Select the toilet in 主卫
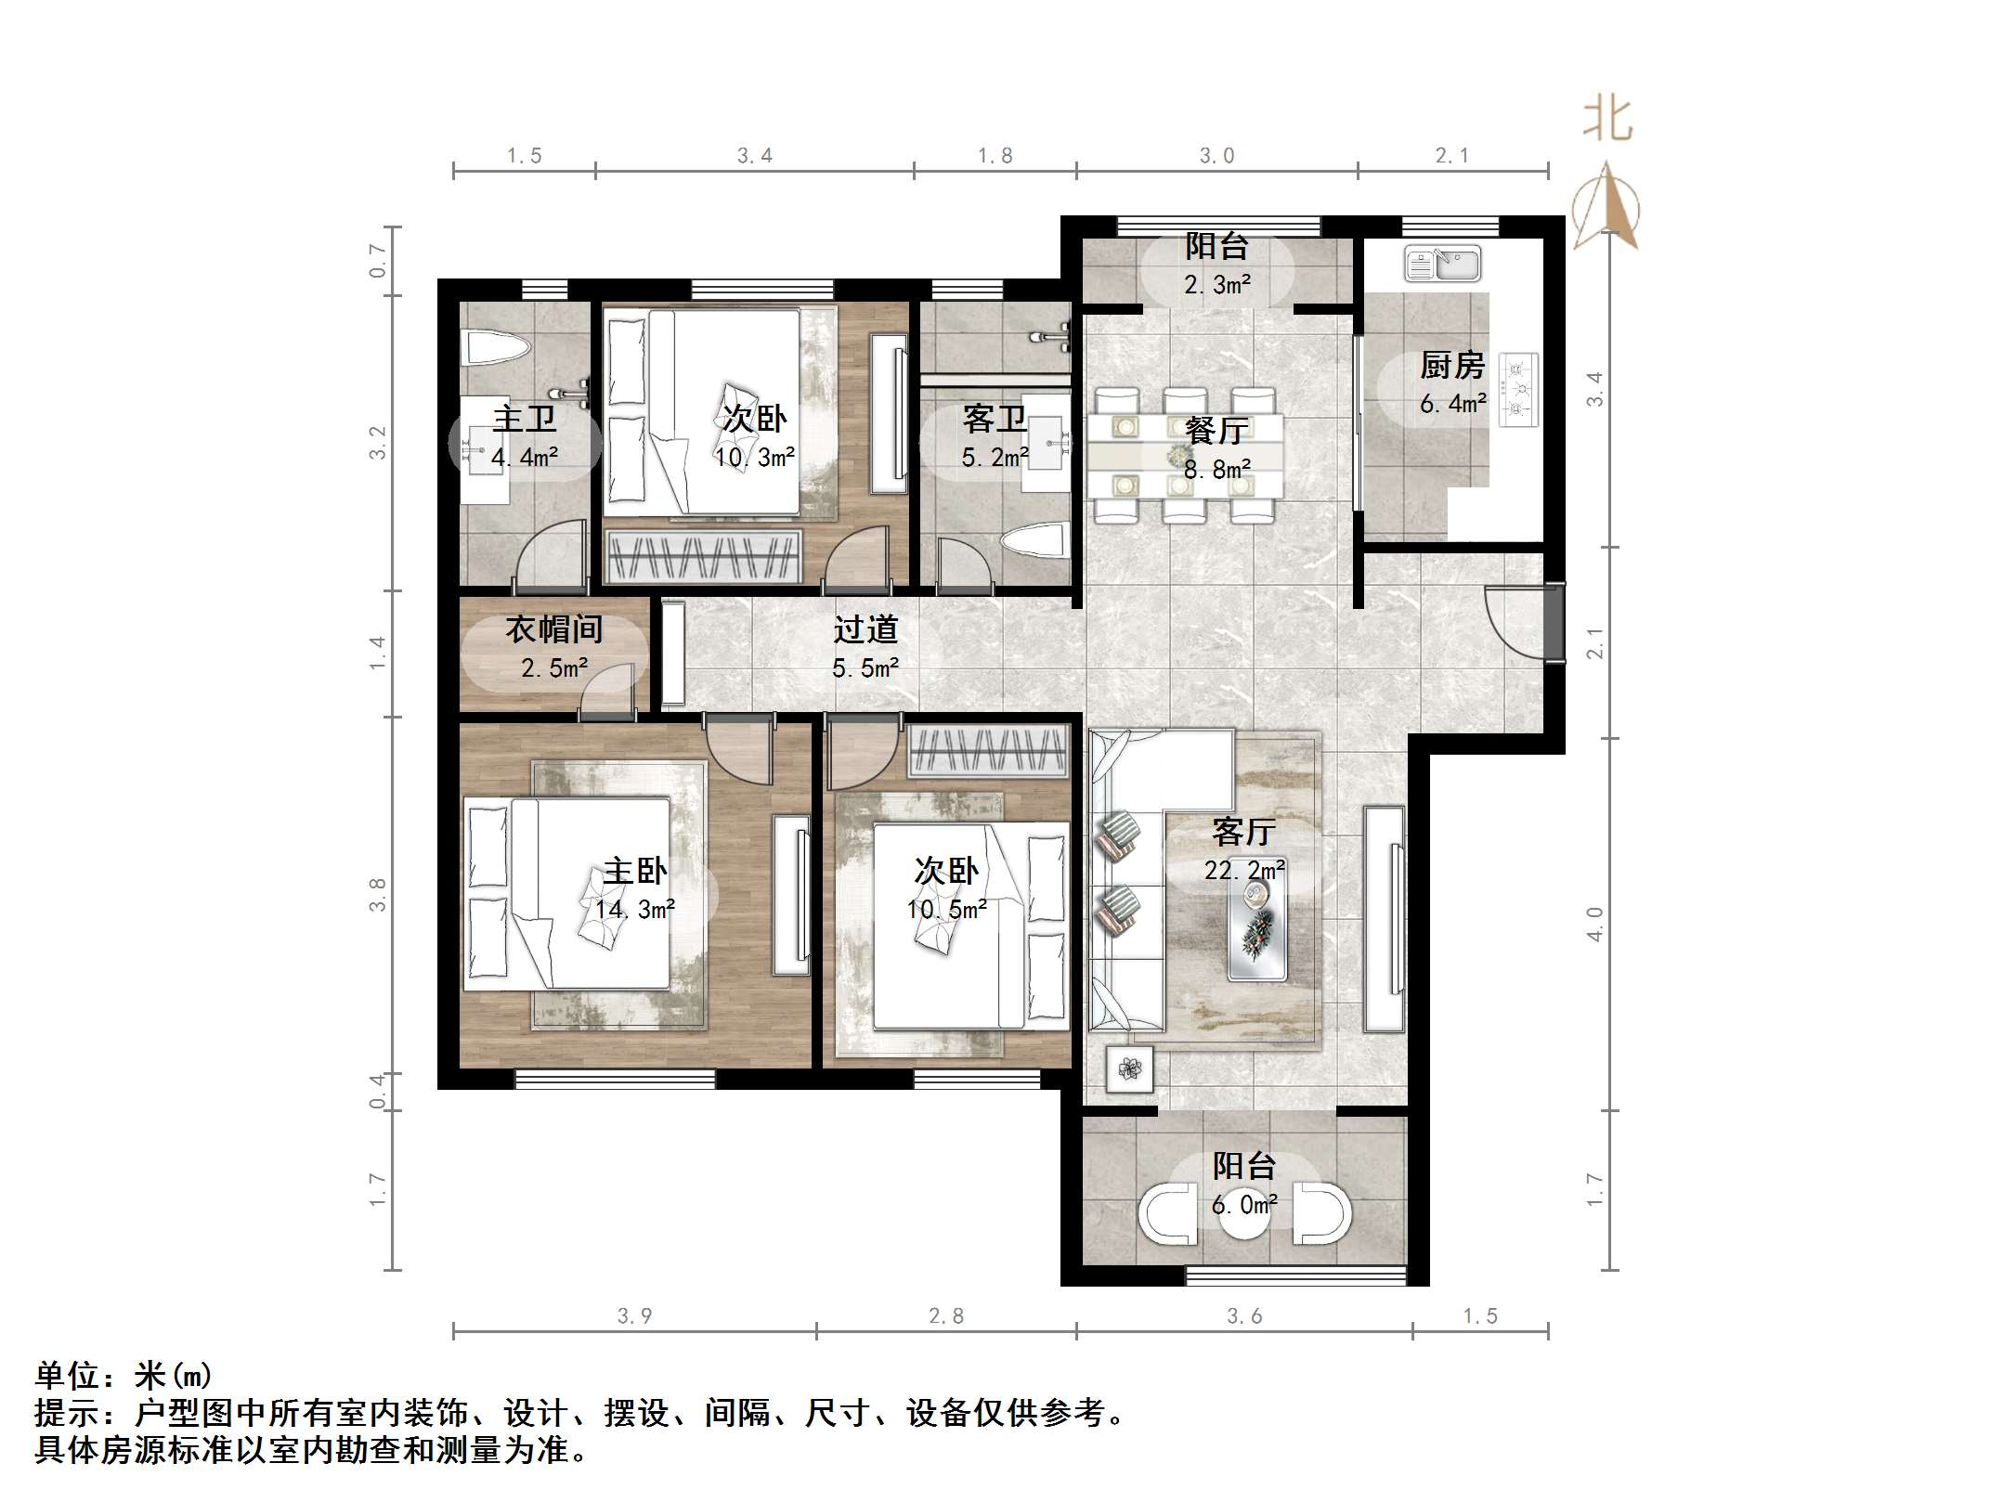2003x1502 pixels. click(x=497, y=349)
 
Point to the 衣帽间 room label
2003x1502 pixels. click(x=554, y=629)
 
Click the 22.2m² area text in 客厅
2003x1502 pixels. click(x=1244, y=871)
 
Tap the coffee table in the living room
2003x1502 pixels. click(x=1257, y=929)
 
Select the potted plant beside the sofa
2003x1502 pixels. click(x=1129, y=1069)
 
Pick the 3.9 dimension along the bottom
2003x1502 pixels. click(x=635, y=1315)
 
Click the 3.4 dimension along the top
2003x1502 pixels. click(x=755, y=156)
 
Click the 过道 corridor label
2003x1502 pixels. click(x=865, y=629)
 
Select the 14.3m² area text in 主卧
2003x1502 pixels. click(x=635, y=909)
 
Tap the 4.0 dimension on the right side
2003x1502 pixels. click(x=1594, y=924)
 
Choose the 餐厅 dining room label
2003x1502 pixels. click(x=1216, y=431)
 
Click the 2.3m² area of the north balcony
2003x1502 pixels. click(x=1216, y=285)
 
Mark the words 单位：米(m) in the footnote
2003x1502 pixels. click(x=124, y=1375)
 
